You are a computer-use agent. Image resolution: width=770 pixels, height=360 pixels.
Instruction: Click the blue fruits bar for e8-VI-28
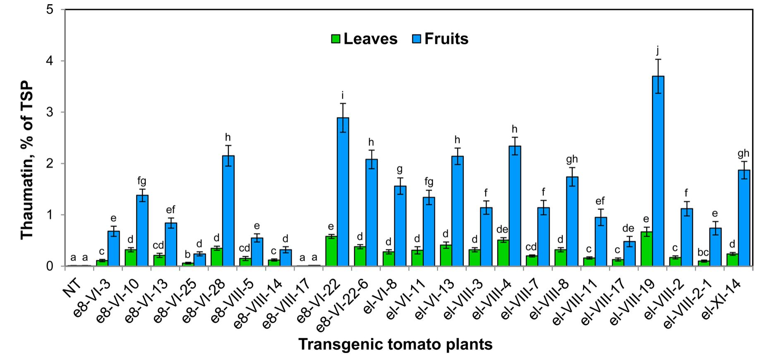pyautogui.click(x=228, y=211)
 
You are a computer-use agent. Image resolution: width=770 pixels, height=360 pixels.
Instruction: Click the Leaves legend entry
pyautogui.click(x=364, y=39)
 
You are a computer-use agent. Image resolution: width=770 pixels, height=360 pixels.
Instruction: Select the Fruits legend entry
pyautogui.click(x=441, y=39)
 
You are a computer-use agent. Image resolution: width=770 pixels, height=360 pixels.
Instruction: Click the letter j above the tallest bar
pyautogui.click(x=657, y=51)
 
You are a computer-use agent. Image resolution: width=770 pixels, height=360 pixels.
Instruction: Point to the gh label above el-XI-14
pyautogui.click(x=744, y=154)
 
